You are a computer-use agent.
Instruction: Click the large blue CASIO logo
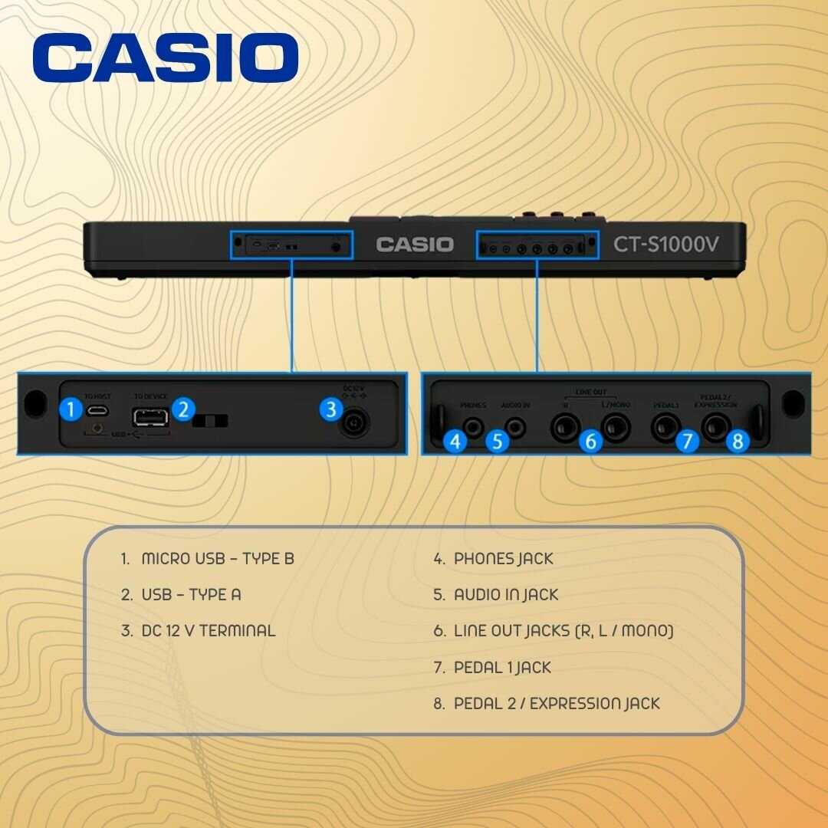(165, 58)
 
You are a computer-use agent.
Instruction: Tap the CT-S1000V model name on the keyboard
(667, 245)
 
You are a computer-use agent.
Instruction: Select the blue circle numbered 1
(71, 409)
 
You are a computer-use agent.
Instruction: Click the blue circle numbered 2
(182, 409)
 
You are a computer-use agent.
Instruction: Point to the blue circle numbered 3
(330, 409)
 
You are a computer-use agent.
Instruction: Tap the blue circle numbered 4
(455, 442)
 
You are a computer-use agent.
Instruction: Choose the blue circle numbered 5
(497, 442)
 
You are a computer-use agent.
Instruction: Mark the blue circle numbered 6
(590, 442)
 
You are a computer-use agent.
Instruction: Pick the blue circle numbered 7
(687, 442)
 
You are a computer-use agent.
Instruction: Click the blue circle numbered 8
(737, 442)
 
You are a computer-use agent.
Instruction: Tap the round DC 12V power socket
(353, 422)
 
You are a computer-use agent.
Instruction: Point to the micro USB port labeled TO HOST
(97, 410)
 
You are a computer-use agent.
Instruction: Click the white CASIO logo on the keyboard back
(415, 245)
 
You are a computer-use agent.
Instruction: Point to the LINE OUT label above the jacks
(590, 392)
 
